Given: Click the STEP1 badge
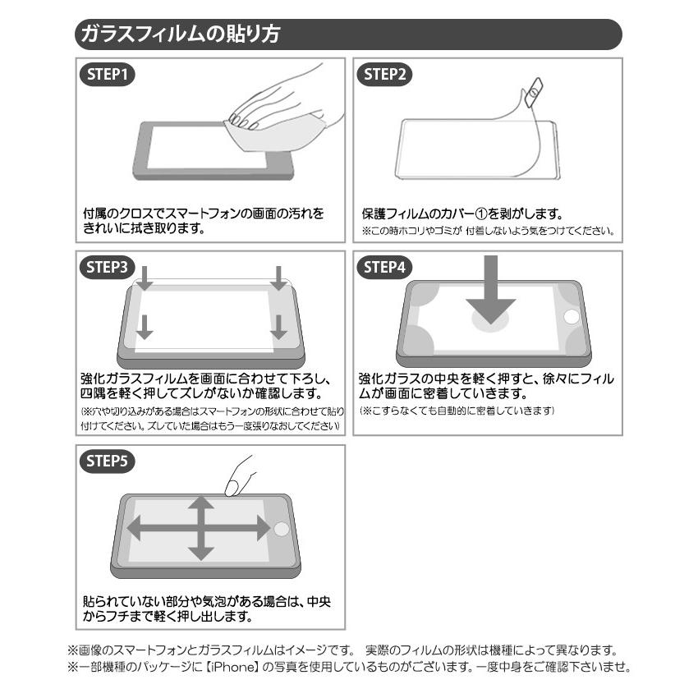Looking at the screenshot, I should [x=107, y=75].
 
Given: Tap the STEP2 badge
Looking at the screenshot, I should [x=386, y=75].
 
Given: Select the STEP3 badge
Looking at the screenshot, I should [x=107, y=268].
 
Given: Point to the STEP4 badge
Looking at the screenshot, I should [x=386, y=268].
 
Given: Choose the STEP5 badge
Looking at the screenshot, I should [x=107, y=461].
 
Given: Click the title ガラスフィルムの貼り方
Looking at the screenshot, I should [x=178, y=34].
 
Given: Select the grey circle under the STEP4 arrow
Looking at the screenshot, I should [x=491, y=321].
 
